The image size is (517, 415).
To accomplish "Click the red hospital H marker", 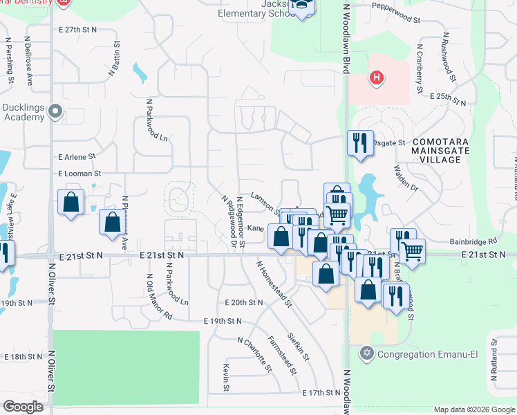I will coord(376,77).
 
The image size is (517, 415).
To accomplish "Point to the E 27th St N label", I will coord(78,30).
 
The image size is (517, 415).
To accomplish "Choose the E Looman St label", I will coord(79,173).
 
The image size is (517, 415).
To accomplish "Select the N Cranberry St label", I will coord(419,69).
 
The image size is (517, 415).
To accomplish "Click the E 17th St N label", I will coord(323,392).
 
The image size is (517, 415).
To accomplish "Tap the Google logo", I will coord(23,407).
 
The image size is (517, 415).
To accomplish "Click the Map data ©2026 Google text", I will coord(473,409).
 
